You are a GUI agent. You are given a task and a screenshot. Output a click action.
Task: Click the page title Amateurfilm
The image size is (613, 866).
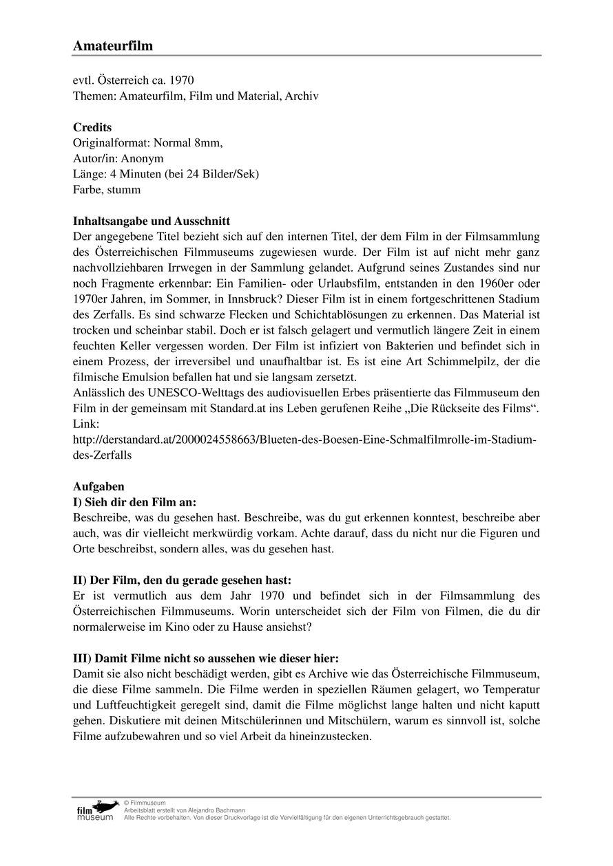point(113,46)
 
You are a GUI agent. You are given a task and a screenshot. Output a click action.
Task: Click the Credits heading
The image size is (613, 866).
point(92,127)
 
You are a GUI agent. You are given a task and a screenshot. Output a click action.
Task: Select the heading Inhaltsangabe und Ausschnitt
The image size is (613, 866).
point(152,221)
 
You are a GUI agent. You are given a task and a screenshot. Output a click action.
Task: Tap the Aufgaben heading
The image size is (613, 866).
point(98,486)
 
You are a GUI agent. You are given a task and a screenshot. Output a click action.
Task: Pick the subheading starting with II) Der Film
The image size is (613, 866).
point(186,581)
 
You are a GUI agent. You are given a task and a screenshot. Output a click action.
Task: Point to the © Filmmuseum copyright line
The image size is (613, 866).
point(145,803)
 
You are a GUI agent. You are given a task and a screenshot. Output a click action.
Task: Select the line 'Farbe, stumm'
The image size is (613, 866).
point(107,190)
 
